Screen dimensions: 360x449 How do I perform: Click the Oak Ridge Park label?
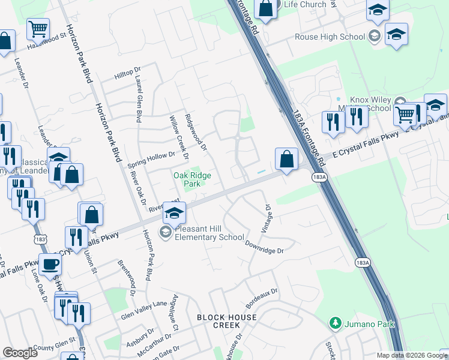[x=187, y=179]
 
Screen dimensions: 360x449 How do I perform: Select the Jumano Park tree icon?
[x=335, y=324]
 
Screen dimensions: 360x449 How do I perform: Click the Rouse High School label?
[x=330, y=37]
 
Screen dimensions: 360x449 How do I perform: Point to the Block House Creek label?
[x=218, y=321]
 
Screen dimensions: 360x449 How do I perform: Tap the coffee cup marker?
[x=50, y=264]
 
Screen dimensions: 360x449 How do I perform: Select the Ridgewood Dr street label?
[x=195, y=132]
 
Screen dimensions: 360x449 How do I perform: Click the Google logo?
[x=20, y=353]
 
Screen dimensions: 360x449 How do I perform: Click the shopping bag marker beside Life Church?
[x=266, y=8]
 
